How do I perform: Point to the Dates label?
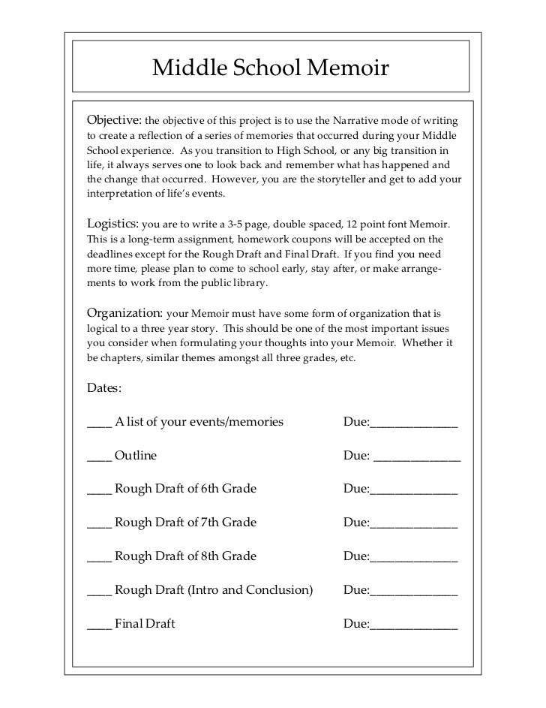point(104,388)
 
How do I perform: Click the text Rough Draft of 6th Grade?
point(186,489)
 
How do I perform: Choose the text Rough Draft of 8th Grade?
point(186,556)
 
